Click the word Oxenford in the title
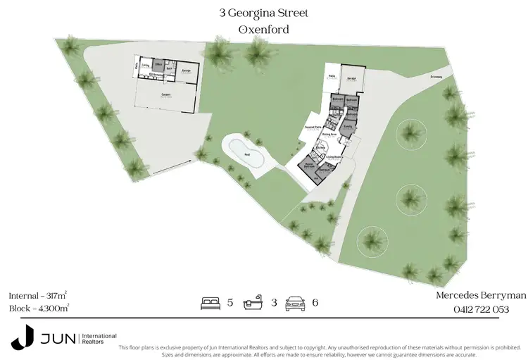[x=263, y=30]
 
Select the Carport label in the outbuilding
[x=166, y=93]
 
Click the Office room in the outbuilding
[x=159, y=64]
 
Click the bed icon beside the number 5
[x=210, y=304]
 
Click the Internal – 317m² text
[x=38, y=295]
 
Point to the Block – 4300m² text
[x=39, y=309]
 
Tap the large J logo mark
[x=21, y=337]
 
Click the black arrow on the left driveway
[x=172, y=165]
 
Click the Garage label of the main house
[x=351, y=79]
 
